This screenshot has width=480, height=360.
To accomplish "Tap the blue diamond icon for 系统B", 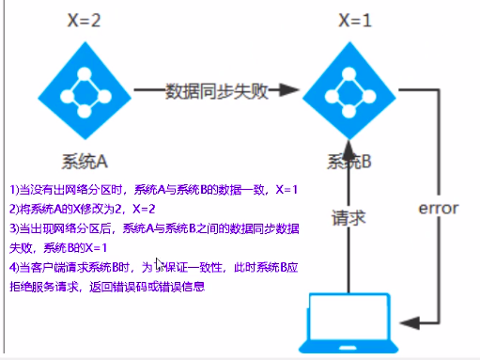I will [x=348, y=91].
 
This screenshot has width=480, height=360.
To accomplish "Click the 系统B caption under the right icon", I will [x=349, y=162].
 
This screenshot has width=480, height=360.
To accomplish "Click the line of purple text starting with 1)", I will [x=153, y=189].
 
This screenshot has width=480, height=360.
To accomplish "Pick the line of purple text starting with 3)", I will [x=154, y=228].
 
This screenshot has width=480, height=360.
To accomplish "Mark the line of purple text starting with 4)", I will [x=154, y=267].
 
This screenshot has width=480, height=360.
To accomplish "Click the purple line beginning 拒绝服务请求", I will [x=107, y=286].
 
